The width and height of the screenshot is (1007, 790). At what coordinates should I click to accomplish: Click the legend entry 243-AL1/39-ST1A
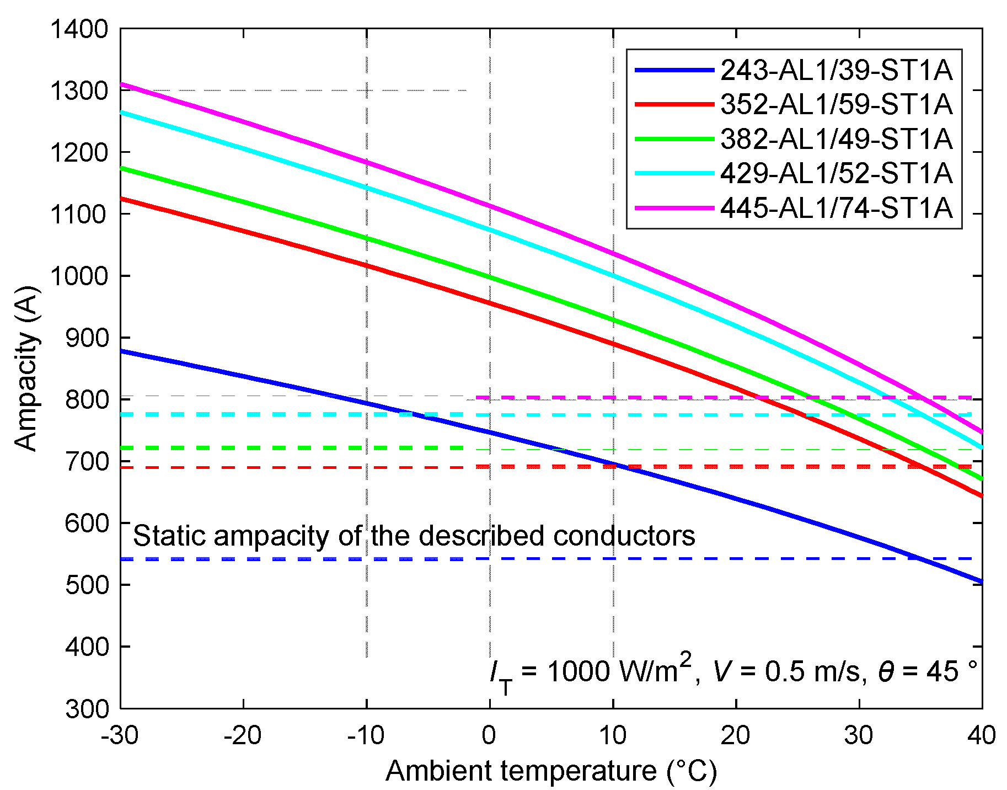point(836,70)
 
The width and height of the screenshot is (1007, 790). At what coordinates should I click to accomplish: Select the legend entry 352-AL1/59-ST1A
point(836,104)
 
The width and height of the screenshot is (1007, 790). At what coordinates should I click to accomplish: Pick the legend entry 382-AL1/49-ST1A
point(836,138)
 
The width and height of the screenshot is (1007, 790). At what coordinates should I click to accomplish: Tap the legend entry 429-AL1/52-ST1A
point(836,173)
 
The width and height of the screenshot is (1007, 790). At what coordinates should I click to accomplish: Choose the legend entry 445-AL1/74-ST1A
point(836,208)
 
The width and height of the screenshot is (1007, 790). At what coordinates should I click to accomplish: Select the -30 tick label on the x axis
point(120,735)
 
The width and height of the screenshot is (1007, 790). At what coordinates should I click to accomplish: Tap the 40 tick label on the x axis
point(982,735)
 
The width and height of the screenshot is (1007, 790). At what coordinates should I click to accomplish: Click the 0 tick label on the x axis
point(489,735)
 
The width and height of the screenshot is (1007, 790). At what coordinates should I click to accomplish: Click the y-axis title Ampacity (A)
point(26,368)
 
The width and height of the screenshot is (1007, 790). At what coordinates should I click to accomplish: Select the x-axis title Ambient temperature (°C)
point(551,771)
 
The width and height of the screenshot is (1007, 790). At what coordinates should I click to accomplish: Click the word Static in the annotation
point(169,536)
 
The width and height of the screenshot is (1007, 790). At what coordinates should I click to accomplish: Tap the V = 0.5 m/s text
point(786,671)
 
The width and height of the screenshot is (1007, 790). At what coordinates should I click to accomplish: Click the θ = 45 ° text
point(928,671)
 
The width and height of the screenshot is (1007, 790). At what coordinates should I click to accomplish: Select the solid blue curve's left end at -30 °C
point(121,351)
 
